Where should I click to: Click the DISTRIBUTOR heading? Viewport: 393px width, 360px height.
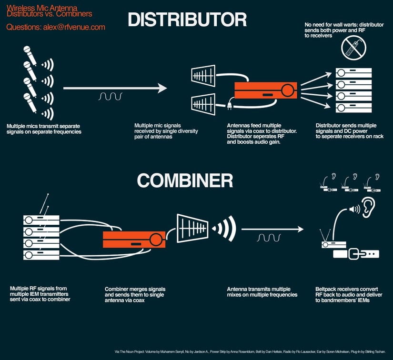(187, 20)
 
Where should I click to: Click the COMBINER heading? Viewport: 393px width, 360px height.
(185, 180)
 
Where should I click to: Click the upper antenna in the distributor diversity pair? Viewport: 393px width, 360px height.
(203, 76)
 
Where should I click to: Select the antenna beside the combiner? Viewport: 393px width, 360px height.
(192, 228)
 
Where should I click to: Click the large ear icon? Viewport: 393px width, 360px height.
(368, 208)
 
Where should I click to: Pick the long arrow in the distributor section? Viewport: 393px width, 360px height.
(115, 88)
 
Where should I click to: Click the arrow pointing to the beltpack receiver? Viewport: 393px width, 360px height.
(272, 229)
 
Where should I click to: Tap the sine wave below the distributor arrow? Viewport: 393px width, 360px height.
(110, 97)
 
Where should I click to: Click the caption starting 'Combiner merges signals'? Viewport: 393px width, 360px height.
(135, 294)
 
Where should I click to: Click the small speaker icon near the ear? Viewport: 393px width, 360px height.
(354, 209)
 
